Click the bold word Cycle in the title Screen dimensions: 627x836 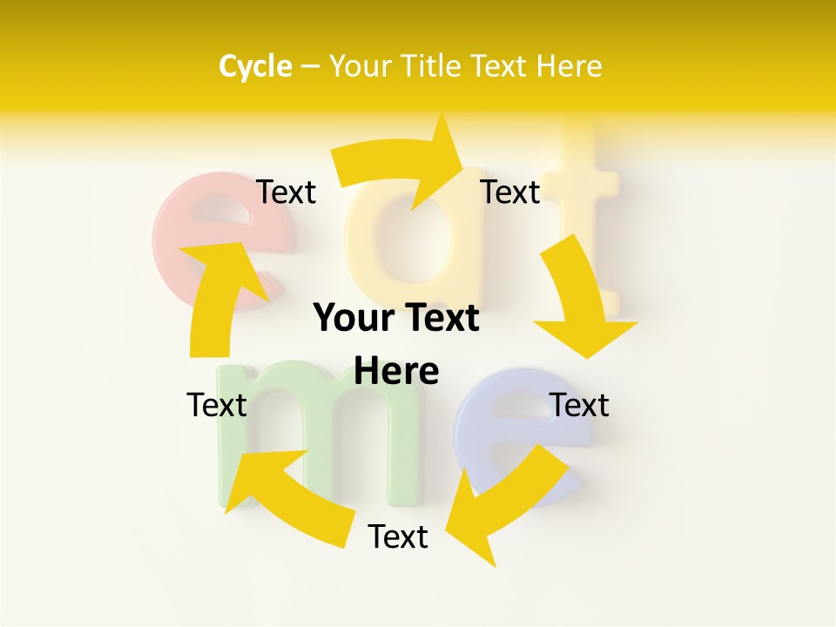point(255,66)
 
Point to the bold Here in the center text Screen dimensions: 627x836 point(396,371)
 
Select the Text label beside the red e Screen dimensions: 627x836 point(287,192)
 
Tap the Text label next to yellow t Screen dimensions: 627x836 point(510,192)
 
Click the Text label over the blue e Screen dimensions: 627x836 point(579,406)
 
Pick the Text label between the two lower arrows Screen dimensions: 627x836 point(398,537)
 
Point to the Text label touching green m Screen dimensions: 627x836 point(217,406)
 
